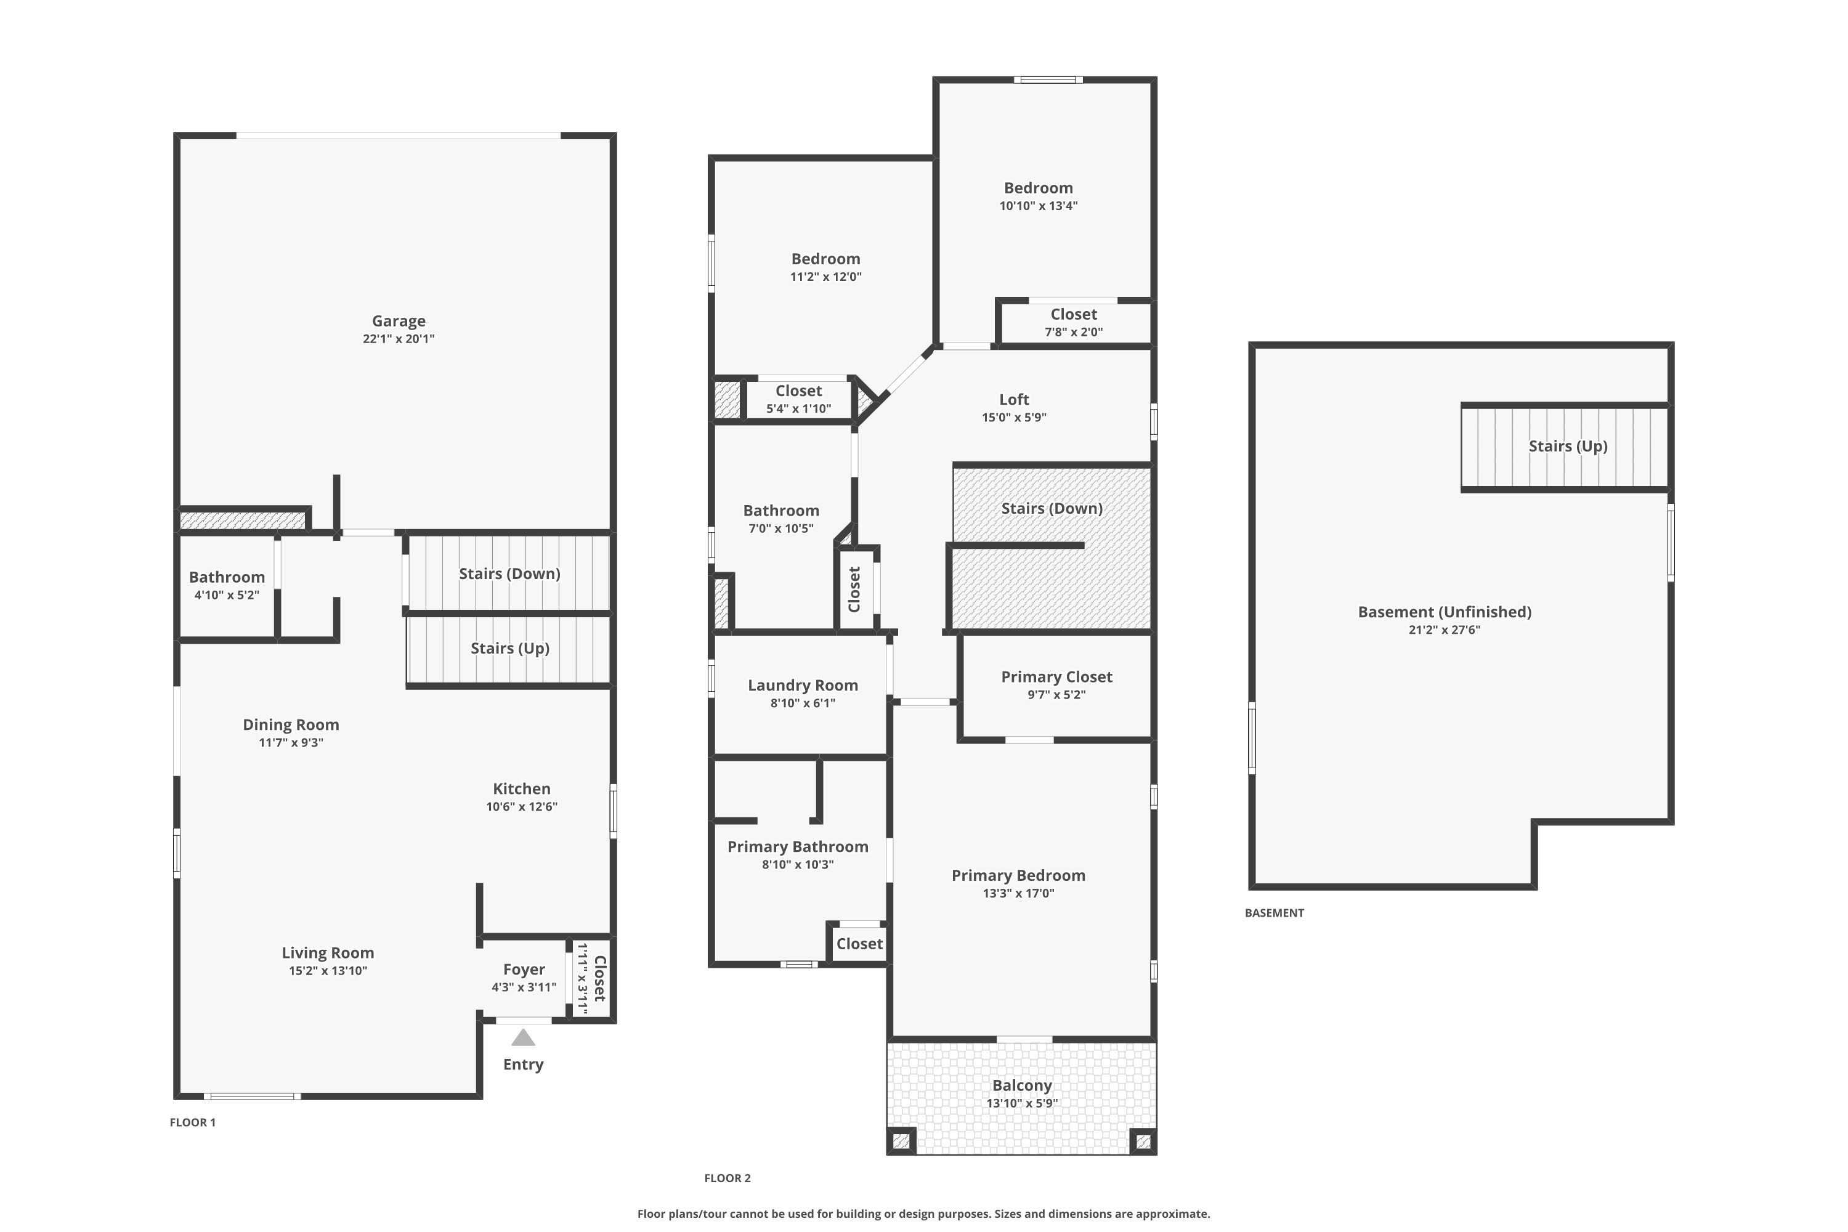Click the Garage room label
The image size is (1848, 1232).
[x=399, y=320]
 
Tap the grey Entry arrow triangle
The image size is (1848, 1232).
[x=523, y=1038]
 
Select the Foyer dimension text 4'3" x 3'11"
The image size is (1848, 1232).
[x=524, y=987]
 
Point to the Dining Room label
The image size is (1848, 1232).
[x=291, y=724]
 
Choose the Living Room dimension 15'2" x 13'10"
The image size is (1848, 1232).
[x=328, y=970]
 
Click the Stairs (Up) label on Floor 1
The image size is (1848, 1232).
[x=510, y=648]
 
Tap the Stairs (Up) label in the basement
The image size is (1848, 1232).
[x=1568, y=446]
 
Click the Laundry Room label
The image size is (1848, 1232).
[x=802, y=685]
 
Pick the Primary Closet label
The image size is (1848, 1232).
[x=1056, y=676]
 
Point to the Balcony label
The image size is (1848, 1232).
[x=1021, y=1085]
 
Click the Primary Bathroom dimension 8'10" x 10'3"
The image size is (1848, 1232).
[x=798, y=864]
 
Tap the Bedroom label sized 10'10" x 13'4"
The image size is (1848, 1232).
[x=1038, y=188]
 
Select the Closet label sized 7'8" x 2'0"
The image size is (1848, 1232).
[x=1073, y=314]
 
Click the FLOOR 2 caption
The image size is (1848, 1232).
[x=727, y=1178]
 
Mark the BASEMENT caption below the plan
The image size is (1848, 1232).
[x=1275, y=913]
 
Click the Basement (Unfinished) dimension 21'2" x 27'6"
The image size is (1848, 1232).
[x=1444, y=630]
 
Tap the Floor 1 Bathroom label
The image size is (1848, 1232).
[x=226, y=577]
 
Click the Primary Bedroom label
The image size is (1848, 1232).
[x=1018, y=875]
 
